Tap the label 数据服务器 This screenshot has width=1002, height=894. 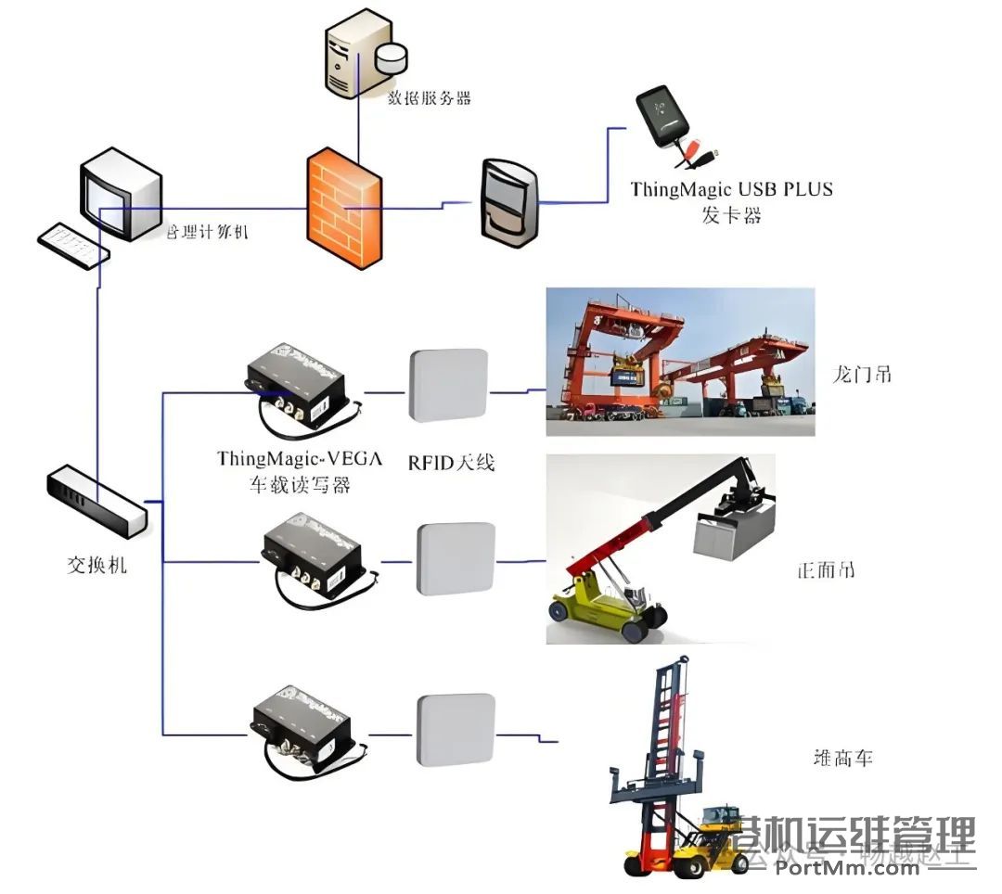click(429, 96)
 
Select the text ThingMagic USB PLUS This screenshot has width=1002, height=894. click(732, 189)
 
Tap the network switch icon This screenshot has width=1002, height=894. click(96, 501)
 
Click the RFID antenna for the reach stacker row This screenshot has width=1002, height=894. click(456, 558)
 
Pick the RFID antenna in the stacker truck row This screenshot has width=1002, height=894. click(455, 730)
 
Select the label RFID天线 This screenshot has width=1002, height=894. click(451, 461)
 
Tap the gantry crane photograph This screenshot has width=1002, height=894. click(679, 362)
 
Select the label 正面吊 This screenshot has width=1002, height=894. click(826, 568)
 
